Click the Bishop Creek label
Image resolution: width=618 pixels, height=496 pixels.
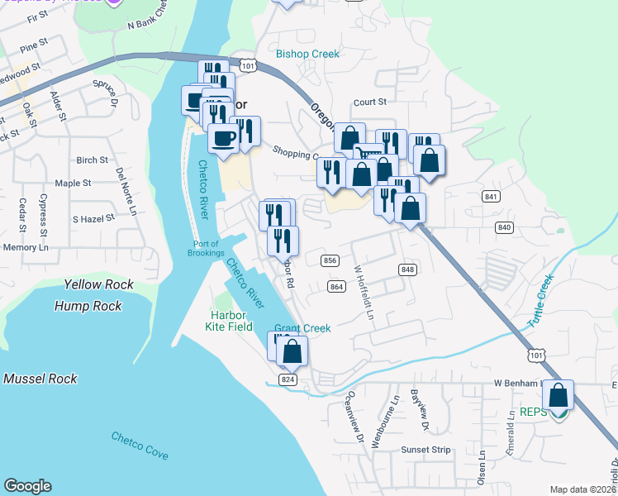pos(307,54)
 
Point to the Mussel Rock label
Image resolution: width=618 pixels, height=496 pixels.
pos(40,379)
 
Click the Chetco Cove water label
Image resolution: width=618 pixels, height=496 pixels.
pos(140,446)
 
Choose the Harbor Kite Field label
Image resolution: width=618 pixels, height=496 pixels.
pos(229,321)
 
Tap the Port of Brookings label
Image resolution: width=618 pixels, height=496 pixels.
pos(206,248)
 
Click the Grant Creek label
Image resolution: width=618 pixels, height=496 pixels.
pos(302,328)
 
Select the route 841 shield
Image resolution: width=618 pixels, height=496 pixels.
pos(492,196)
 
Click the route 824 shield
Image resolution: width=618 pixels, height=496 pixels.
pos(288,379)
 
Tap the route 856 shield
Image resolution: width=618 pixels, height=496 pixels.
pos(330,260)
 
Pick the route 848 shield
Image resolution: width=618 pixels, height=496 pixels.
pos(406,269)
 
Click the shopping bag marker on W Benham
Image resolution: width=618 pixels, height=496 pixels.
pos(559,396)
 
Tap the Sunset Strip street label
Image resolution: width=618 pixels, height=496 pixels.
pos(426,450)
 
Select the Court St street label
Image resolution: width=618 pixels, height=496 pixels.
pos(370,103)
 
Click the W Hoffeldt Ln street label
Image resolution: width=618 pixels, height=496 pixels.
pos(364,293)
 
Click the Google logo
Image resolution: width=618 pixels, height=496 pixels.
pos(28,486)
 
